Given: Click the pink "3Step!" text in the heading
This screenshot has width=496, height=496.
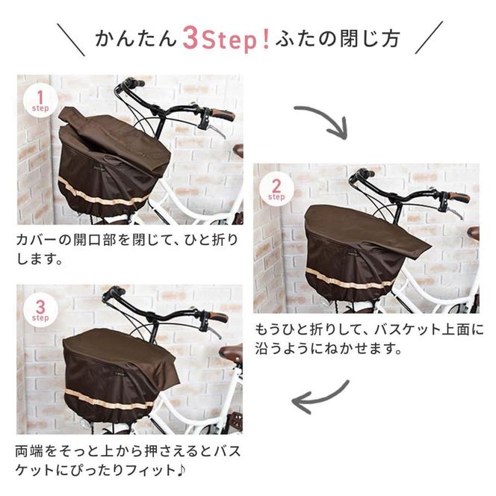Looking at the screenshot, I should [x=227, y=38].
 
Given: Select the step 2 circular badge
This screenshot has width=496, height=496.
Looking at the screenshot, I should [x=276, y=190].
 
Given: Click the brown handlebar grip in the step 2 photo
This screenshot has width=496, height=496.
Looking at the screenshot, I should [x=457, y=198].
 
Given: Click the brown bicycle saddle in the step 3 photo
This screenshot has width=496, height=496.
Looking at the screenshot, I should [x=231, y=353].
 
